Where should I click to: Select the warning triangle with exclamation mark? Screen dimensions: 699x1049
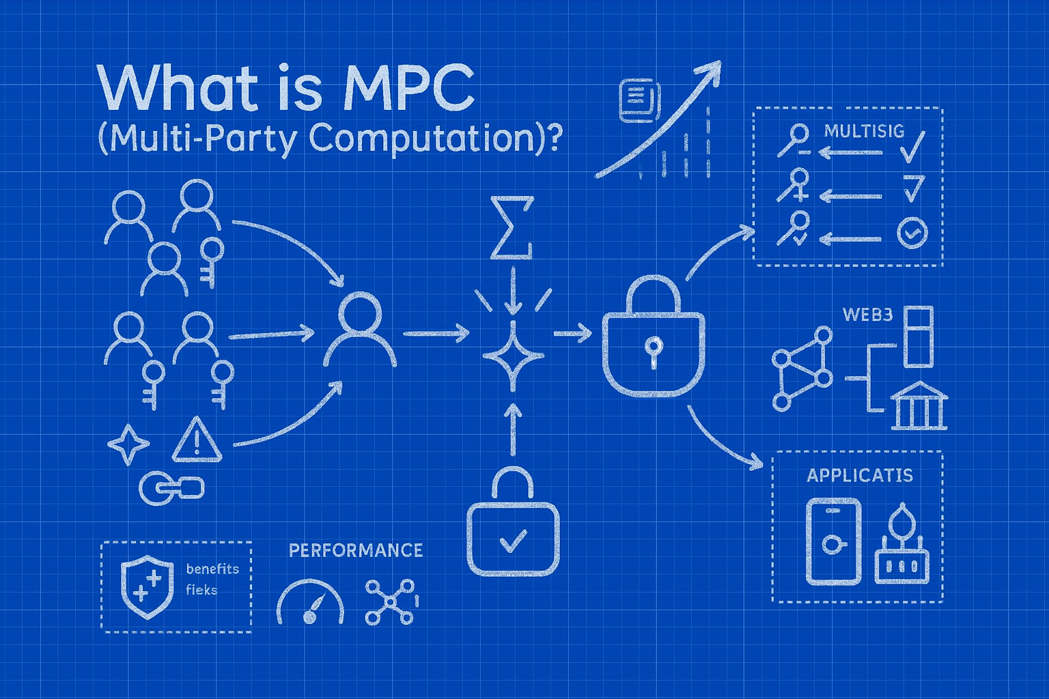click(x=197, y=441)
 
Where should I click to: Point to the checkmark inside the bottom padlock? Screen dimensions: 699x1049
click(x=513, y=541)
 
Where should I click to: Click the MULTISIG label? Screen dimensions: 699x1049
click(x=864, y=131)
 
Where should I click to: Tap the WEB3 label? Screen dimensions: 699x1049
click(x=867, y=315)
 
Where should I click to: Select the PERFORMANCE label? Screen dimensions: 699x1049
click(x=355, y=550)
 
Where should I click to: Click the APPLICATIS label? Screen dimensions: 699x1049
click(x=859, y=475)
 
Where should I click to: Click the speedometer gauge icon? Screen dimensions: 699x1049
click(x=310, y=603)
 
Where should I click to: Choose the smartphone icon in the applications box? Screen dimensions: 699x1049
click(x=833, y=541)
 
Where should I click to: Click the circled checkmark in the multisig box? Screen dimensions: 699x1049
click(x=912, y=233)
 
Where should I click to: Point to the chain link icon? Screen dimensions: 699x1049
click(x=171, y=487)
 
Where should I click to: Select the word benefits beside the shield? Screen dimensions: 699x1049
click(x=212, y=569)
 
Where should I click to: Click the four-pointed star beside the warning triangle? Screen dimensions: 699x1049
click(x=128, y=444)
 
